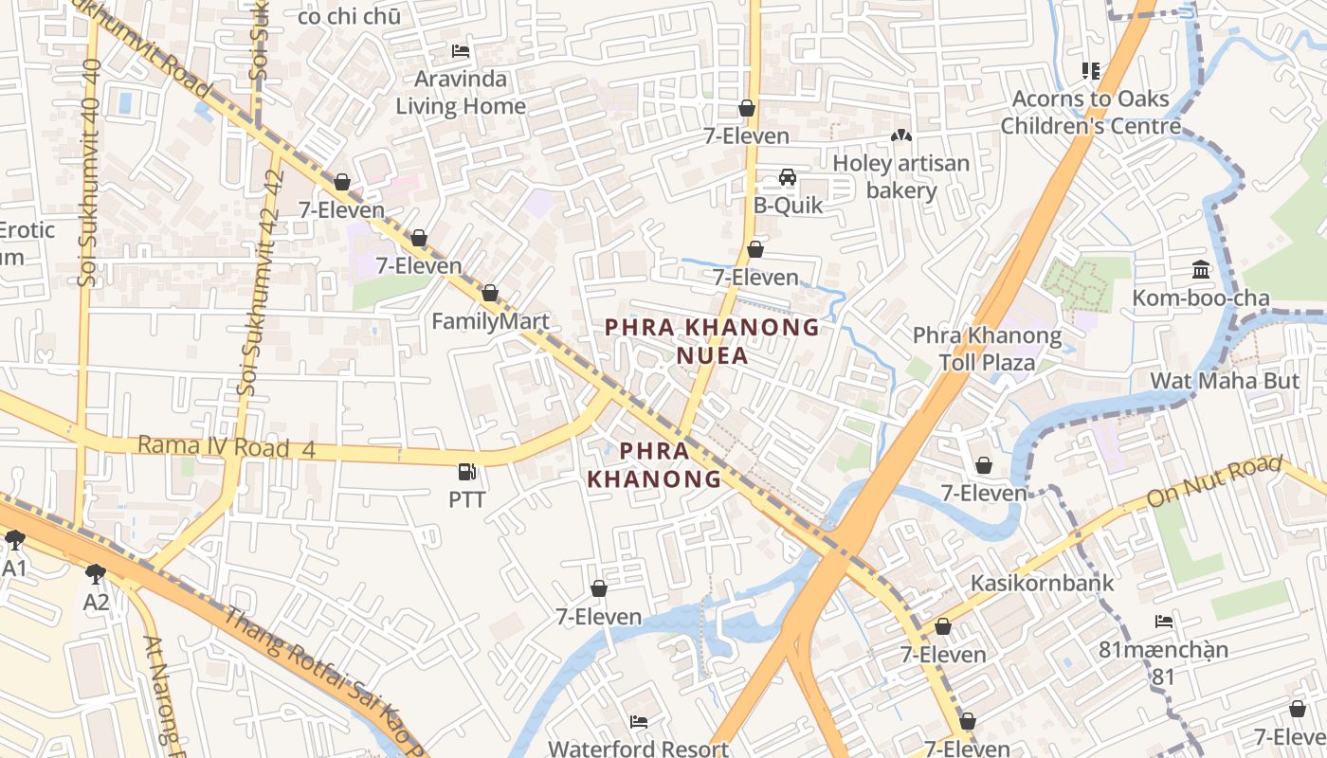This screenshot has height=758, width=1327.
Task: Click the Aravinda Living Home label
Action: pos(460,92)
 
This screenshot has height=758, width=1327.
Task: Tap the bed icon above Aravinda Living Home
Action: pos(461,51)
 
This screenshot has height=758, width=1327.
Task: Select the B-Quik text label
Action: pos(788,206)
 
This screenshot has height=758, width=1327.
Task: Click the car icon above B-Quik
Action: pos(787,177)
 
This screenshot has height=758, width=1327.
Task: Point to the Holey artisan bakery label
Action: pos(900,176)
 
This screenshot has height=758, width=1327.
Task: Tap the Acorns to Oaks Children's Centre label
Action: pos(1090,112)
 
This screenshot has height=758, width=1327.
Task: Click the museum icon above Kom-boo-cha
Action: pos(1201,271)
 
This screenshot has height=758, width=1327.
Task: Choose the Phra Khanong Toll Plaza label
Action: pos(986,348)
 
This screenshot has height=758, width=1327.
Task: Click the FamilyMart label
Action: pos(490,321)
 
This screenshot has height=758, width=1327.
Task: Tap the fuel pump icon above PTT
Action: pos(466,471)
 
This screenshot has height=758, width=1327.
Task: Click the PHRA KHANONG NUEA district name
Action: pos(712,341)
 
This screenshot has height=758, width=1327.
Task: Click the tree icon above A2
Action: pos(95,573)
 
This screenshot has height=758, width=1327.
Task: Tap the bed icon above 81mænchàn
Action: pos(1164,622)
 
